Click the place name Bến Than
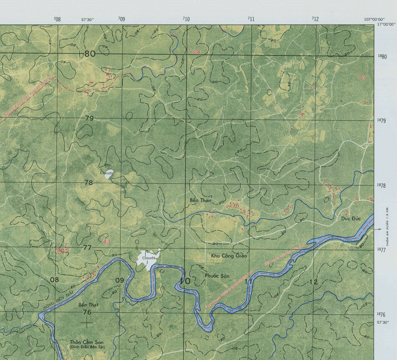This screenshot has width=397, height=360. tap(200, 201)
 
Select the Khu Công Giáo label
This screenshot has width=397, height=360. tap(229, 255)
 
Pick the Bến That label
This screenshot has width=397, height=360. tap(88, 304)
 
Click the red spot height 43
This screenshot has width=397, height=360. tap(105, 241)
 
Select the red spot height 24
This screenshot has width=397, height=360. tap(197, 52)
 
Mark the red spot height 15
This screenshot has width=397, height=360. tap(361, 77)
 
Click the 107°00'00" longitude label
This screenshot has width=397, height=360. tap(375, 19)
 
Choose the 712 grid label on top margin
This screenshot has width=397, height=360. tap(315, 19)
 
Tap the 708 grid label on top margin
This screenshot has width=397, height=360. tap(57, 19)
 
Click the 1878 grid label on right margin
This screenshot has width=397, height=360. tap(381, 185)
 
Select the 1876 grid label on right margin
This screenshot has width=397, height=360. tap(381, 314)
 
